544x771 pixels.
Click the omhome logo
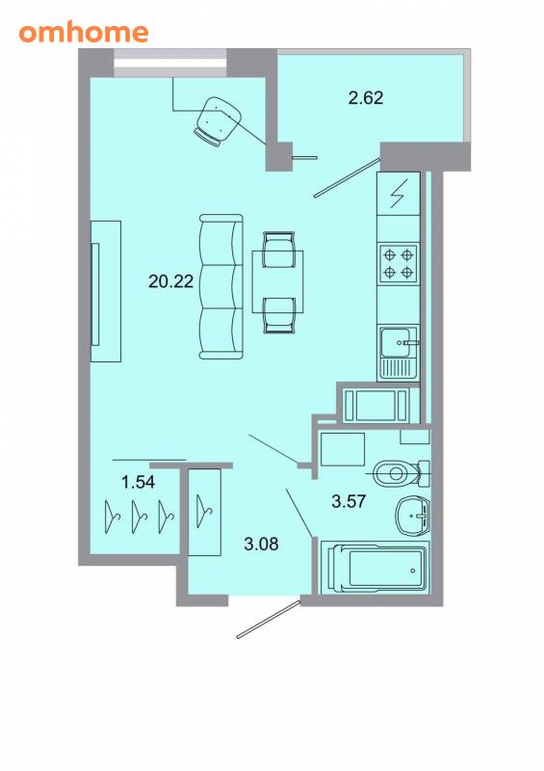[84, 33]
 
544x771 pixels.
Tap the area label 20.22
[171, 281]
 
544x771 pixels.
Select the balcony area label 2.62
[366, 97]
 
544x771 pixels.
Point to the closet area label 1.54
[138, 482]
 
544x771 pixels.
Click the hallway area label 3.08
[261, 544]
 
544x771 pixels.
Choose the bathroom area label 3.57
[349, 501]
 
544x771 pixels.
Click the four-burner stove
[398, 263]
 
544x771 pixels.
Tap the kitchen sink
[398, 353]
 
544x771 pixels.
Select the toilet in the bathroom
[401, 473]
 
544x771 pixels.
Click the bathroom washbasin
[413, 517]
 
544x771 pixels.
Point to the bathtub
[376, 568]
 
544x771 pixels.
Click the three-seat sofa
[221, 286]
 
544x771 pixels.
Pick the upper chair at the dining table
[278, 250]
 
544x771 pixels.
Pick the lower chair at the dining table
[278, 315]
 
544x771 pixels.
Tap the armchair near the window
[218, 121]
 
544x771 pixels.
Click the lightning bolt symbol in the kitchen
[399, 194]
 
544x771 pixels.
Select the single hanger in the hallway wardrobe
[203, 512]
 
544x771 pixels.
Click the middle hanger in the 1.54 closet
[140, 517]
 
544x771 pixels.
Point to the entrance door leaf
[269, 619]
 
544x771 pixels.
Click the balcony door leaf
[348, 177]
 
